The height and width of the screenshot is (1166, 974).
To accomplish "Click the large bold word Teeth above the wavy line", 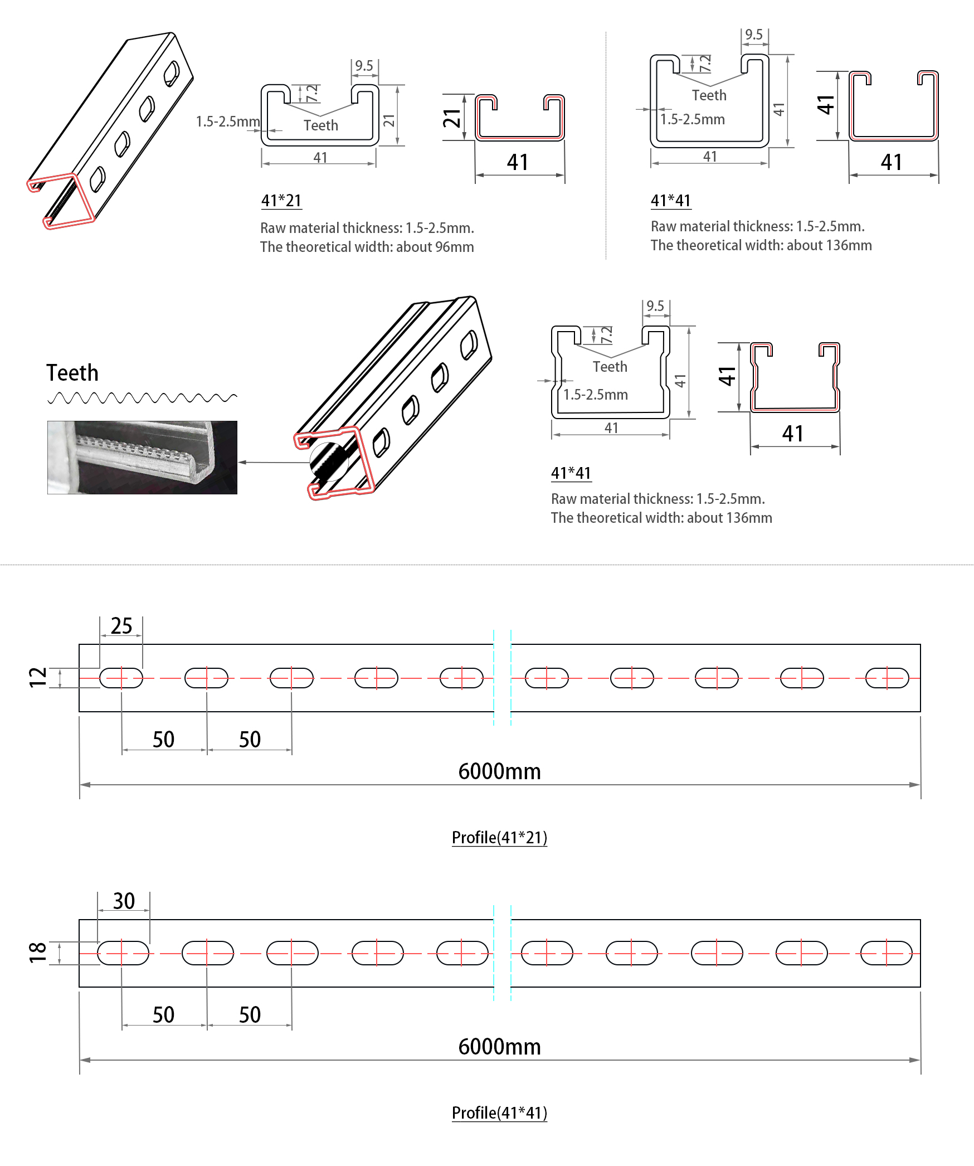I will (72, 373).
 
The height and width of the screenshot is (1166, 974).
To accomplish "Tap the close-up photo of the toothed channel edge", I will (142, 457).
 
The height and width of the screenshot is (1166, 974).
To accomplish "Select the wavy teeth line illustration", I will (142, 397).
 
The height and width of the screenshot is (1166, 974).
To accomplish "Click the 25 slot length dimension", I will (121, 626).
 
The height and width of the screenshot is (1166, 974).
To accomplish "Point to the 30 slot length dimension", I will (124, 901).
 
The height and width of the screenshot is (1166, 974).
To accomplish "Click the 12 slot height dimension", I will (38, 677).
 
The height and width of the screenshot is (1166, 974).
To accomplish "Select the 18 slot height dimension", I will (38, 953).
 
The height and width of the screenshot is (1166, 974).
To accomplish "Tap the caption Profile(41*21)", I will (499, 837).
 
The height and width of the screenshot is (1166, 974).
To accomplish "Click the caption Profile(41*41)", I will (499, 1112).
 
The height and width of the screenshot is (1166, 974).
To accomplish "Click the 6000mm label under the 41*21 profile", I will (499, 771).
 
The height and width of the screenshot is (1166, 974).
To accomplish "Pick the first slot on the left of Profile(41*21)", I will (121, 678).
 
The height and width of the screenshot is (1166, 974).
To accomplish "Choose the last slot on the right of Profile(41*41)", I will (887, 953).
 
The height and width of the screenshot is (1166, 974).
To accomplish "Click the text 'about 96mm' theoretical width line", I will (367, 247).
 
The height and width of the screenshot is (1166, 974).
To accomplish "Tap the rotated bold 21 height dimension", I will (452, 118).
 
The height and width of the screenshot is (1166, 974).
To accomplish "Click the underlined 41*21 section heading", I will (281, 200).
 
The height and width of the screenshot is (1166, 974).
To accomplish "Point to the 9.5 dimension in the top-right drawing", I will (754, 35).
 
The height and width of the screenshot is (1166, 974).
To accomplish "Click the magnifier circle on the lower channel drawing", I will (329, 461).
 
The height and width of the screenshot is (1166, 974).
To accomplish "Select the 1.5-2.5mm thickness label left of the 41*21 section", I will (228, 122).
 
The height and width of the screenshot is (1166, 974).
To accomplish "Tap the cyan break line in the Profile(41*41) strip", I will (502, 953).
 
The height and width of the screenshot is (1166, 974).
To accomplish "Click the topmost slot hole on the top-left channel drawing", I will (172, 73).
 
